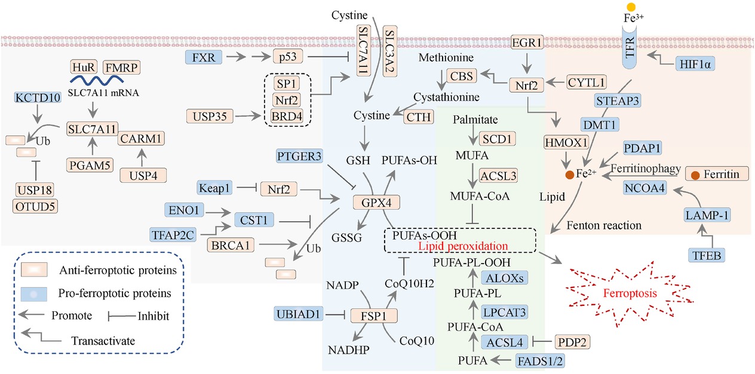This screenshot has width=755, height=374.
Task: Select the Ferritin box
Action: click(715, 174)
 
